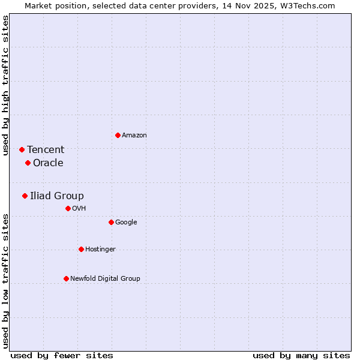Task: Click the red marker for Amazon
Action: tap(118, 135)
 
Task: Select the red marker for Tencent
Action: tap(22, 149)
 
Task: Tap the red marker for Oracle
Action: tap(28, 163)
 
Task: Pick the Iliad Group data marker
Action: tap(25, 196)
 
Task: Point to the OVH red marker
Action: tap(68, 208)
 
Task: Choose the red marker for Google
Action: tap(111, 222)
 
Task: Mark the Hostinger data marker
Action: tap(81, 249)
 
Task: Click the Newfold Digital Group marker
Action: tap(66, 278)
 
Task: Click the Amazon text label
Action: tap(134, 136)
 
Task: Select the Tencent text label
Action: tap(46, 150)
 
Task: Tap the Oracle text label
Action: tap(48, 163)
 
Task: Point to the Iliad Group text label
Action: tap(57, 196)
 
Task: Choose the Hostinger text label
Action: tap(100, 250)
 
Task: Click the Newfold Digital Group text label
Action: tap(105, 279)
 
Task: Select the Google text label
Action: tap(126, 223)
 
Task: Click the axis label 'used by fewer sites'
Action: tap(62, 355)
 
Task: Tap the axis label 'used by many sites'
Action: tap(301, 355)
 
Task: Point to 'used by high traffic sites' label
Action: tap(5, 85)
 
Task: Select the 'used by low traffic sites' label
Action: tap(5, 281)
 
